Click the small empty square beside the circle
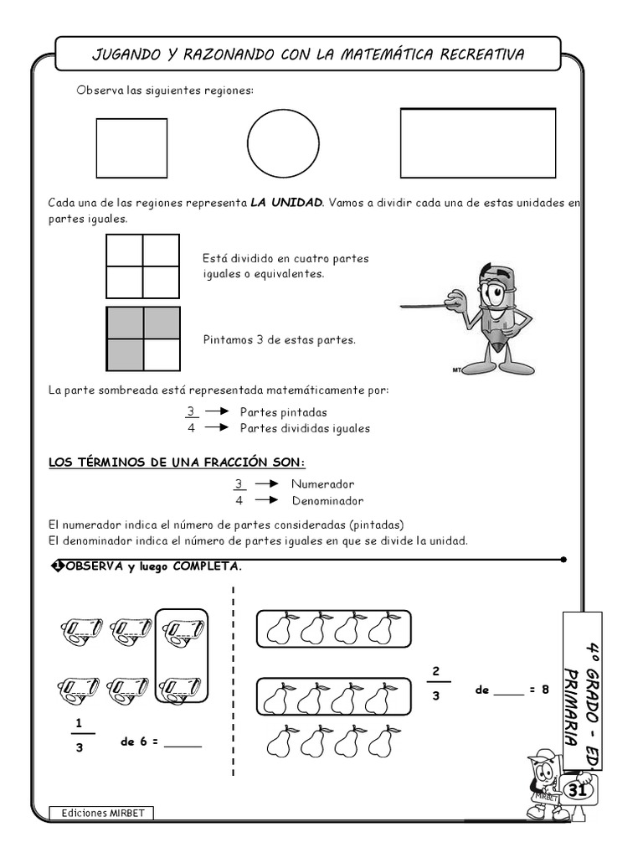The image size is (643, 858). click(x=131, y=148)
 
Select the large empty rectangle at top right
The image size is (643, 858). click(x=478, y=143)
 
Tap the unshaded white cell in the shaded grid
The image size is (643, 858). click(x=162, y=354)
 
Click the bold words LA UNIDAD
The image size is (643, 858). click(x=286, y=203)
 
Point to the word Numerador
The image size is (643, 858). click(x=322, y=484)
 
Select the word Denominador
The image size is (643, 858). click(x=327, y=501)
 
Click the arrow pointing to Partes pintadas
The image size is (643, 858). click(x=217, y=411)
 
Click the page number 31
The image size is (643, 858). click(x=577, y=790)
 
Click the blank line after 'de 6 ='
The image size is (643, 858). click(x=183, y=744)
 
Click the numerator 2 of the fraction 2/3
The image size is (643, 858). click(x=435, y=670)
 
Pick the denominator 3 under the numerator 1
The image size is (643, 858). click(x=80, y=747)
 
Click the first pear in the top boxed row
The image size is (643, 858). click(x=278, y=628)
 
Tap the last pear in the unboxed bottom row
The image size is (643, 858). click(x=383, y=741)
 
